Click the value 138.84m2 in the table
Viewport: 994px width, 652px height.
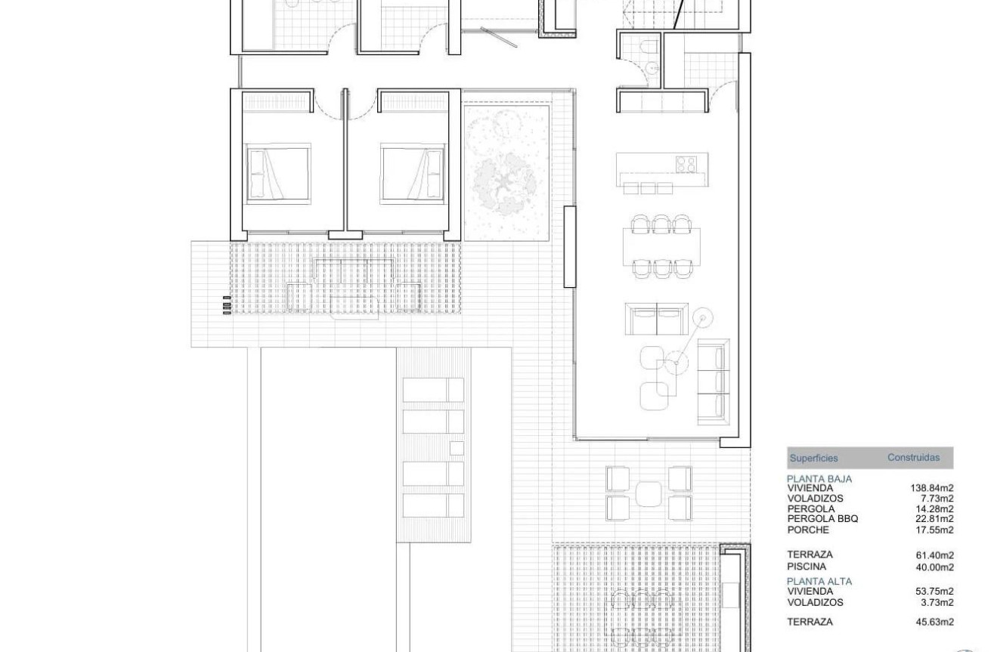932,488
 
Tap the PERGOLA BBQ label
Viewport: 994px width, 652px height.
822,518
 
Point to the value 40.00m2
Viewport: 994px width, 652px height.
934,567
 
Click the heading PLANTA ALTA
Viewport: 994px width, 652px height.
819,581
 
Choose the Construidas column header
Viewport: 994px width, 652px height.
913,457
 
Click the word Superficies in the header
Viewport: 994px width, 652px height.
813,458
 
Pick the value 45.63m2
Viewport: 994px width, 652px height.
934,622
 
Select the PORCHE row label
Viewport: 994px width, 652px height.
808,529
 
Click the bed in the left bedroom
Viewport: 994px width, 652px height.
278,173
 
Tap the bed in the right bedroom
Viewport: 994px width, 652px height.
413,173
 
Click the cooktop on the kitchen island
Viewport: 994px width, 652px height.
686,164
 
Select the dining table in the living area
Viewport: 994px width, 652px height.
662,246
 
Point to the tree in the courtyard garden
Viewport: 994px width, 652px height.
506,181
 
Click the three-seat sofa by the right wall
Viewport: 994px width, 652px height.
712,379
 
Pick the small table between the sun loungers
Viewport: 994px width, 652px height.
456,447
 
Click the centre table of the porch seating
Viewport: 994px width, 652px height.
649,493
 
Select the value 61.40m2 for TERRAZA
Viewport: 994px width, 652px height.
934,555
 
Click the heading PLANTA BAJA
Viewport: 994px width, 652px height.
819,479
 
